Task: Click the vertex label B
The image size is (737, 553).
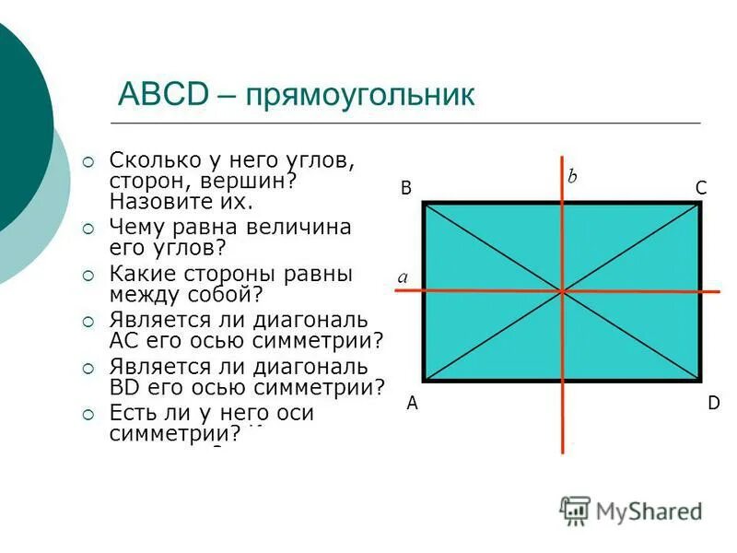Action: tap(405, 187)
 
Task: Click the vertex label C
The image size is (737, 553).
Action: tap(700, 187)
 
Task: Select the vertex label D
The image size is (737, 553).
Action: tap(713, 403)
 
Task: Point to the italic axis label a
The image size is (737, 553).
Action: tap(403, 276)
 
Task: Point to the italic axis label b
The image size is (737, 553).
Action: tap(572, 176)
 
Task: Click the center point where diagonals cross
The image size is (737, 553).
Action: tap(562, 291)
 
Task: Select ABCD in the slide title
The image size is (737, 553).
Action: tap(164, 95)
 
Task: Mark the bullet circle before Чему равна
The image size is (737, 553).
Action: tap(88, 228)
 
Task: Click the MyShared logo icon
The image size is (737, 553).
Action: tap(576, 510)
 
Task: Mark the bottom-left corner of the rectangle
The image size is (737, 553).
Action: tap(424, 380)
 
